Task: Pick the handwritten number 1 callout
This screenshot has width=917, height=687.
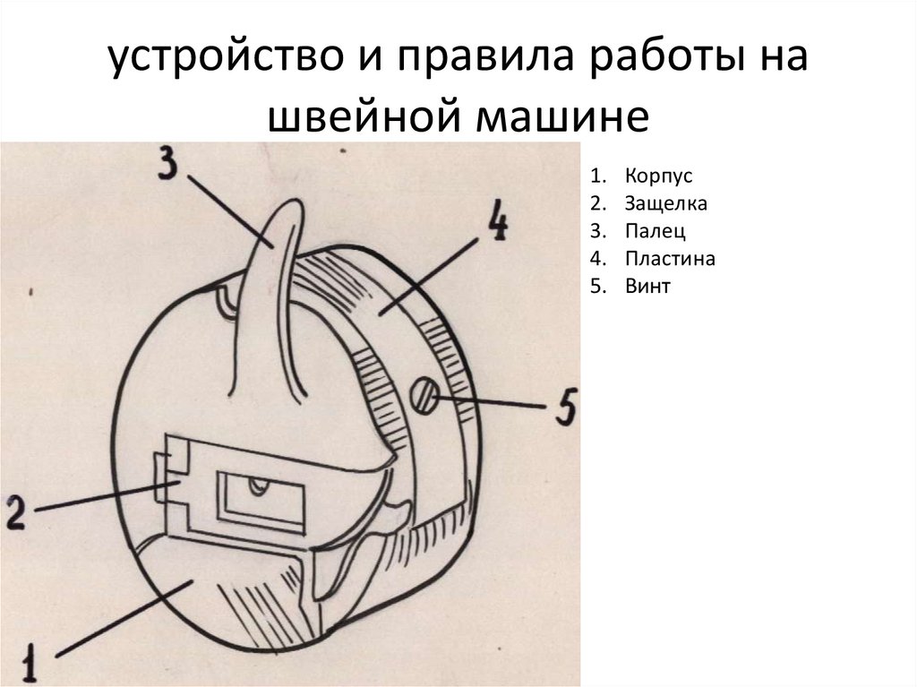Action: click(30, 664)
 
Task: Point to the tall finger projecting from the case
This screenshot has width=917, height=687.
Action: click(270, 269)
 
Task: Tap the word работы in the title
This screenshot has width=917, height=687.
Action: click(641, 61)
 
